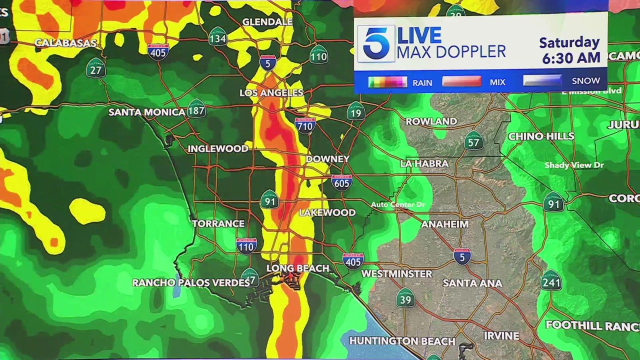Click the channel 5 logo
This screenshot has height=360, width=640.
[x=376, y=43]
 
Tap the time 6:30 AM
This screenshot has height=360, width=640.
[x=571, y=58]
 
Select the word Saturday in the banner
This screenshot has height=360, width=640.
[x=569, y=42]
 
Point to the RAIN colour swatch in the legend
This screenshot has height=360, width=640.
[x=387, y=82]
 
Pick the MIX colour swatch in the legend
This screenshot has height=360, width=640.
[x=461, y=81]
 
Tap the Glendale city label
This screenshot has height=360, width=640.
[x=267, y=22]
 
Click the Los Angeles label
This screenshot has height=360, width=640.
[x=271, y=93]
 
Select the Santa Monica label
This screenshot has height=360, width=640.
[x=146, y=112]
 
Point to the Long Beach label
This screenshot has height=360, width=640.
[x=297, y=268]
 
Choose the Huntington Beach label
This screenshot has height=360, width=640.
[x=402, y=341]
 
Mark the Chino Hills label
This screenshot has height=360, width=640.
[x=541, y=136]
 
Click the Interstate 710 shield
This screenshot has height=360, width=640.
[x=305, y=125]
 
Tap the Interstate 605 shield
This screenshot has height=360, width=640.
[x=341, y=182]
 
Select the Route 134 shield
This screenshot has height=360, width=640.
[x=218, y=37]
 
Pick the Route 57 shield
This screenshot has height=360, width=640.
[x=473, y=141]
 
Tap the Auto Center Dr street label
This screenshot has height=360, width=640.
[x=397, y=205]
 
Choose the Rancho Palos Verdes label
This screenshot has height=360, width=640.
[x=190, y=283]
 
